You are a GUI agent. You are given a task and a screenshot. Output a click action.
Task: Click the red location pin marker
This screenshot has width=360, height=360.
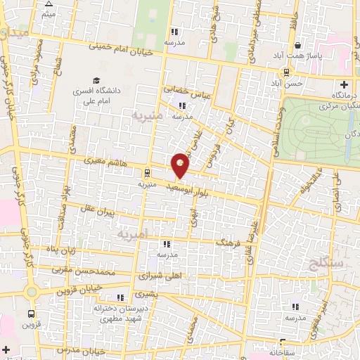pos(181,164)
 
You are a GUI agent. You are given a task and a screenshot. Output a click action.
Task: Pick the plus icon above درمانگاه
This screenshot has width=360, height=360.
pos(344,84)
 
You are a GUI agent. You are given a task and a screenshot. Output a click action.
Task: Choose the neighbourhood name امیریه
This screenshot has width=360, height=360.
pos(131,233)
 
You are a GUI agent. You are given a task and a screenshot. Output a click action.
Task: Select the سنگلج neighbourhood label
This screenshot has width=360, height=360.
pos(323,263)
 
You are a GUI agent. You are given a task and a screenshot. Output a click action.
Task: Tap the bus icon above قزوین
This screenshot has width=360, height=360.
pos(31,314)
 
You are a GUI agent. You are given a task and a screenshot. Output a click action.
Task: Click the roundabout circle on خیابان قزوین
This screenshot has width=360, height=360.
pos(32,292)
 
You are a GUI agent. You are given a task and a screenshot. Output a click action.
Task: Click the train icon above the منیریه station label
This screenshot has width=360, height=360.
pos(147,173)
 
